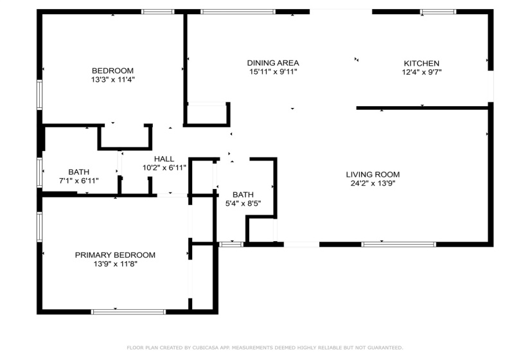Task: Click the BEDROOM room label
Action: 112,71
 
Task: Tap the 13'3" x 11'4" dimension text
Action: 112,80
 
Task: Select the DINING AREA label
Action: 273,63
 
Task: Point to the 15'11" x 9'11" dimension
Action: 273,72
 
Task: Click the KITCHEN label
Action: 421,63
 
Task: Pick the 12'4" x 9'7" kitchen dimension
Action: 421,72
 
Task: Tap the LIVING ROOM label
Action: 373,175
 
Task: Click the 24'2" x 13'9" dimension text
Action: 373,183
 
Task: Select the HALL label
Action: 164,159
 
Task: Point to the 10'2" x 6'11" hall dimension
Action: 164,168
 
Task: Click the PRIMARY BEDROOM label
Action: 115,255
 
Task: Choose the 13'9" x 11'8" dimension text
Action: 115,264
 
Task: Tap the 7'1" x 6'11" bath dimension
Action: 79,181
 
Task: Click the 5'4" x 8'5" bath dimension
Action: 243,204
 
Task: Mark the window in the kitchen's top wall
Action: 438,12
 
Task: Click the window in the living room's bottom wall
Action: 398,244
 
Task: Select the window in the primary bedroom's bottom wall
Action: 128,312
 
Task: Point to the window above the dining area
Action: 238,12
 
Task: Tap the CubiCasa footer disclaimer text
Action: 265,348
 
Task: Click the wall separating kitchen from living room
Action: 423,108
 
